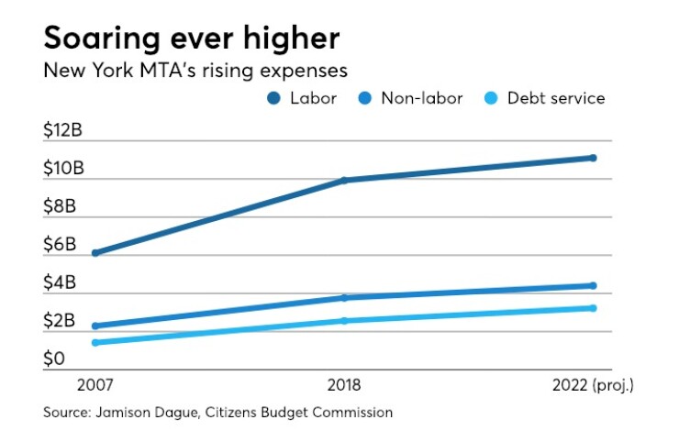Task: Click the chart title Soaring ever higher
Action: (x=191, y=39)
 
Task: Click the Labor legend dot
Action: (x=274, y=98)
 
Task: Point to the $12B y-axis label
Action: (x=62, y=131)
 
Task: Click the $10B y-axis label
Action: (x=62, y=169)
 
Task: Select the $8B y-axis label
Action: (x=60, y=206)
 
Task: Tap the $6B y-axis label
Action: (x=60, y=245)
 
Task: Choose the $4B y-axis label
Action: (x=60, y=283)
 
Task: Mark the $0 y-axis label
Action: (x=54, y=359)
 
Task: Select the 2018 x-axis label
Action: (x=344, y=382)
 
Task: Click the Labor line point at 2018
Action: (x=344, y=180)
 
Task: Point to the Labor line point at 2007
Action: (x=95, y=253)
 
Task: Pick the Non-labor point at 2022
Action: (x=593, y=286)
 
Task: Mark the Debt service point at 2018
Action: (x=344, y=321)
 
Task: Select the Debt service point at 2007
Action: (x=95, y=343)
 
